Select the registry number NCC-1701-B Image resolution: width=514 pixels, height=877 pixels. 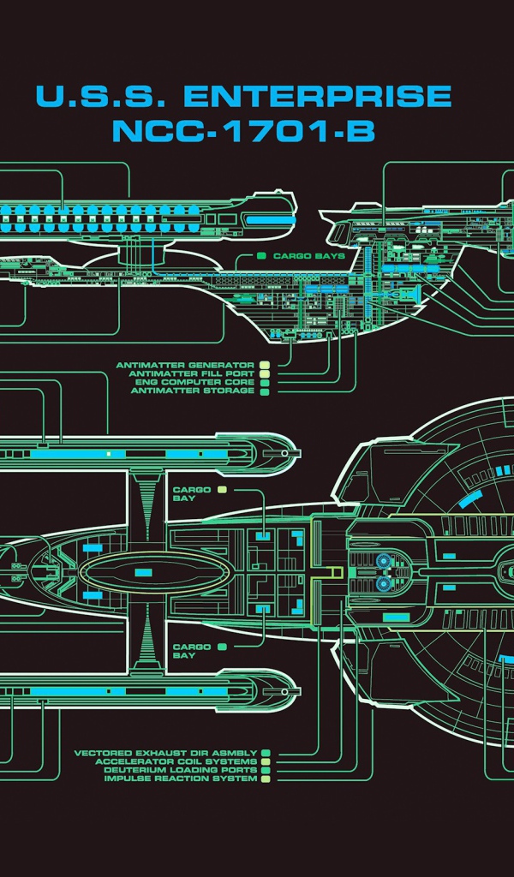click(x=243, y=132)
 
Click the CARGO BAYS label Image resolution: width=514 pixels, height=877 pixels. click(x=308, y=256)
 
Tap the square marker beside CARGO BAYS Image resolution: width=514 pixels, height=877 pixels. click(x=260, y=256)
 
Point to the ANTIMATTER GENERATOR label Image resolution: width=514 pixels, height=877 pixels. click(x=185, y=366)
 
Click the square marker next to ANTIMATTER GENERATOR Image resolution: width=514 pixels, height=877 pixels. click(x=265, y=366)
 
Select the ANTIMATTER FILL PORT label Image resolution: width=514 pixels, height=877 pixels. click(x=191, y=374)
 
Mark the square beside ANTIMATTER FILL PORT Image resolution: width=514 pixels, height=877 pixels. click(x=265, y=374)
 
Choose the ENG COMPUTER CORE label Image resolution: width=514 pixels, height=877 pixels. click(x=194, y=383)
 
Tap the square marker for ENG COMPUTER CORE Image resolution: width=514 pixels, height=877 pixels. click(x=265, y=383)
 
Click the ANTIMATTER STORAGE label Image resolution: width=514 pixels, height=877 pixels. click(x=192, y=391)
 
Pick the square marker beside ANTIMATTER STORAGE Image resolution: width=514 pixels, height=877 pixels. click(x=265, y=391)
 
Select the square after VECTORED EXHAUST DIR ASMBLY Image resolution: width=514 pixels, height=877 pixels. click(x=266, y=754)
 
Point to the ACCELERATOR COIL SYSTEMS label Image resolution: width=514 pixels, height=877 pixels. click(x=176, y=762)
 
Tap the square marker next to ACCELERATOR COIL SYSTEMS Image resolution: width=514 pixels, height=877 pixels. click(x=266, y=762)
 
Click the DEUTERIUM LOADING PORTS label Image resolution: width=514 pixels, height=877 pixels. click(x=180, y=771)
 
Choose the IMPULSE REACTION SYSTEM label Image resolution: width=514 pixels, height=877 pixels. click(x=180, y=779)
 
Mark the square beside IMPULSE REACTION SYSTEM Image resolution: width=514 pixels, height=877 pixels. click(x=266, y=779)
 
